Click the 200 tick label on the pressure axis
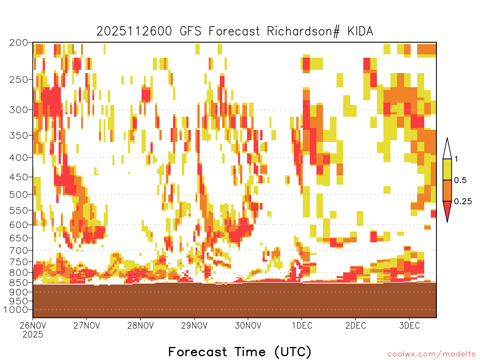tap(19, 43)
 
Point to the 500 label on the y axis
tap(19, 195)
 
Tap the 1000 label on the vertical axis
tap(16, 310)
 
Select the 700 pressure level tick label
tap(19, 250)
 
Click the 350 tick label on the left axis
tap(19, 135)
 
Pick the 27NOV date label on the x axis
tap(87, 325)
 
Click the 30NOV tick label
tap(248, 325)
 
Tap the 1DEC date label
tap(302, 325)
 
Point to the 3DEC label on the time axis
tap(409, 325)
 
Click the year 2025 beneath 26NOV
tap(33, 335)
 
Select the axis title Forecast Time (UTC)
tap(240, 352)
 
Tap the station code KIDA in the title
tap(360, 31)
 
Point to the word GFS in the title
tap(190, 31)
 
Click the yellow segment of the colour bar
tap(447, 169)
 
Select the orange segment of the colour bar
tap(447, 190)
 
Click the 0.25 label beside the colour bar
tap(463, 202)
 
